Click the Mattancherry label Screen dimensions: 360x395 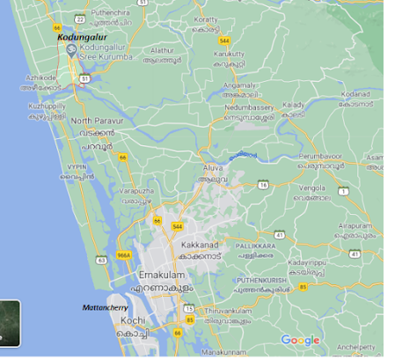[x=105, y=307]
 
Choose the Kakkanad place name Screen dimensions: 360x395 [x=198, y=242]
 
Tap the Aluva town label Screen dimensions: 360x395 [x=214, y=167]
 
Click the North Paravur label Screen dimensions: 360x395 [x=93, y=121]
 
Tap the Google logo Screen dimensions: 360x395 [x=300, y=341]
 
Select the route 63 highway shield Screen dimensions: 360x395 [x=102, y=260]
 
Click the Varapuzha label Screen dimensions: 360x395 [x=138, y=189]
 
